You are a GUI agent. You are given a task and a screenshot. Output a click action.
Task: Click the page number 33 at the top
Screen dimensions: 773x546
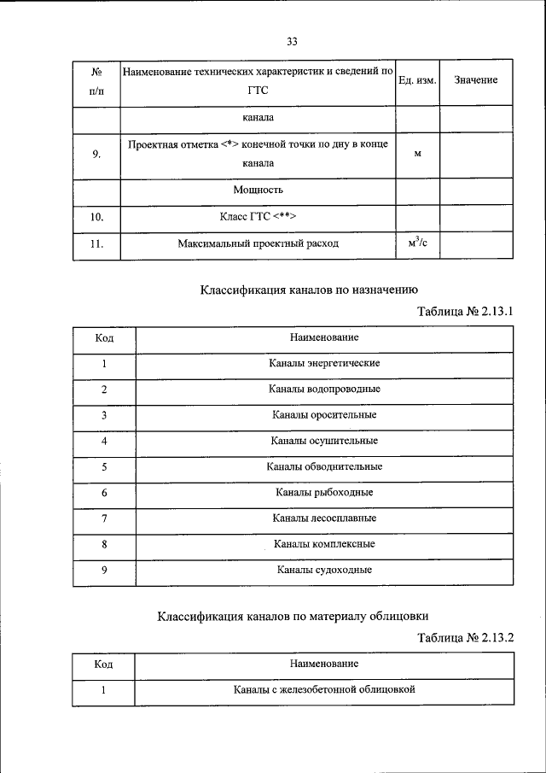pyautogui.click(x=292, y=41)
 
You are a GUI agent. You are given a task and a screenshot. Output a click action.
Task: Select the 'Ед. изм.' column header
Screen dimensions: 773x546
pyautogui.click(x=418, y=80)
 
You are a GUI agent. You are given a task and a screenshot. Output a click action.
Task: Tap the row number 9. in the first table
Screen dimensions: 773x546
pyautogui.click(x=96, y=154)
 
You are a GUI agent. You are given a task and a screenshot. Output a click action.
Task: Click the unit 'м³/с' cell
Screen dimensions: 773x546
pyautogui.click(x=418, y=243)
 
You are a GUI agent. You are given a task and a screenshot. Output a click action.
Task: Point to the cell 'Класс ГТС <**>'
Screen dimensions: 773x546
pyautogui.click(x=258, y=217)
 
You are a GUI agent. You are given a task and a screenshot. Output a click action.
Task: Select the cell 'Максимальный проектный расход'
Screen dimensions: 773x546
pyautogui.click(x=258, y=243)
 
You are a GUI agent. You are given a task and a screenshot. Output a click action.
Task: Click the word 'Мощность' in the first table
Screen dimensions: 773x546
pyautogui.click(x=258, y=190)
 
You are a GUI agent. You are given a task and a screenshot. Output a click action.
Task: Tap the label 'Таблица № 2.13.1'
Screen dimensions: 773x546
pyautogui.click(x=465, y=312)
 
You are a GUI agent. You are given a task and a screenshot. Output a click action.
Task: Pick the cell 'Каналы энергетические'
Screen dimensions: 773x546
pyautogui.click(x=324, y=363)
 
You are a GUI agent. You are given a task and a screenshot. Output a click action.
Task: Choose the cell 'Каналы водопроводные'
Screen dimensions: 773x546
pyautogui.click(x=324, y=389)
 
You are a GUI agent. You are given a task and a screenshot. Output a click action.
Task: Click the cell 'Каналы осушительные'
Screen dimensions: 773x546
pyautogui.click(x=324, y=441)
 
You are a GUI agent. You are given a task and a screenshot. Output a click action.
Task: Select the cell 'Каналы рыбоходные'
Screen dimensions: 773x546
pyautogui.click(x=324, y=492)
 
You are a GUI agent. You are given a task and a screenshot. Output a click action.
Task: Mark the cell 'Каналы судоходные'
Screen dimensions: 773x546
pyautogui.click(x=324, y=570)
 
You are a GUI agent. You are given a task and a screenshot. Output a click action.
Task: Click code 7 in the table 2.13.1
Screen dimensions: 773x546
pyautogui.click(x=104, y=518)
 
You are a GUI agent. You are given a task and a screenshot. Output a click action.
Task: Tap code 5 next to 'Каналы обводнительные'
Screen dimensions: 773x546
pyautogui.click(x=104, y=466)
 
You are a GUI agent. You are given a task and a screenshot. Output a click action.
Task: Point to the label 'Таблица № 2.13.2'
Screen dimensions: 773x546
pyautogui.click(x=465, y=637)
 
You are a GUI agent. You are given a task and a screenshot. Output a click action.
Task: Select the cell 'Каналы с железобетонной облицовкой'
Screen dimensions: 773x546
pyautogui.click(x=324, y=689)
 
